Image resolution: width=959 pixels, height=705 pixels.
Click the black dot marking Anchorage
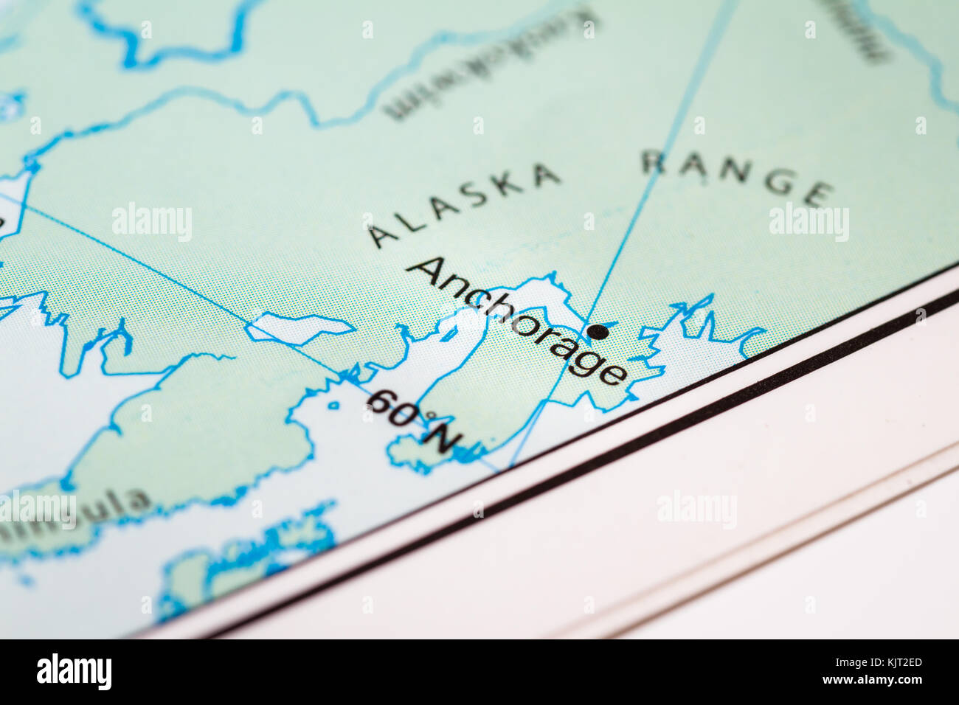(x=598, y=332)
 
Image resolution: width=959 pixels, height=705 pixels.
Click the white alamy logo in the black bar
(x=74, y=672)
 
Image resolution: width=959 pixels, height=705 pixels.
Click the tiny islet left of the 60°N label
(x=334, y=405)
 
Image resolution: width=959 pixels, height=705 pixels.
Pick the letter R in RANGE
(x=654, y=161)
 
